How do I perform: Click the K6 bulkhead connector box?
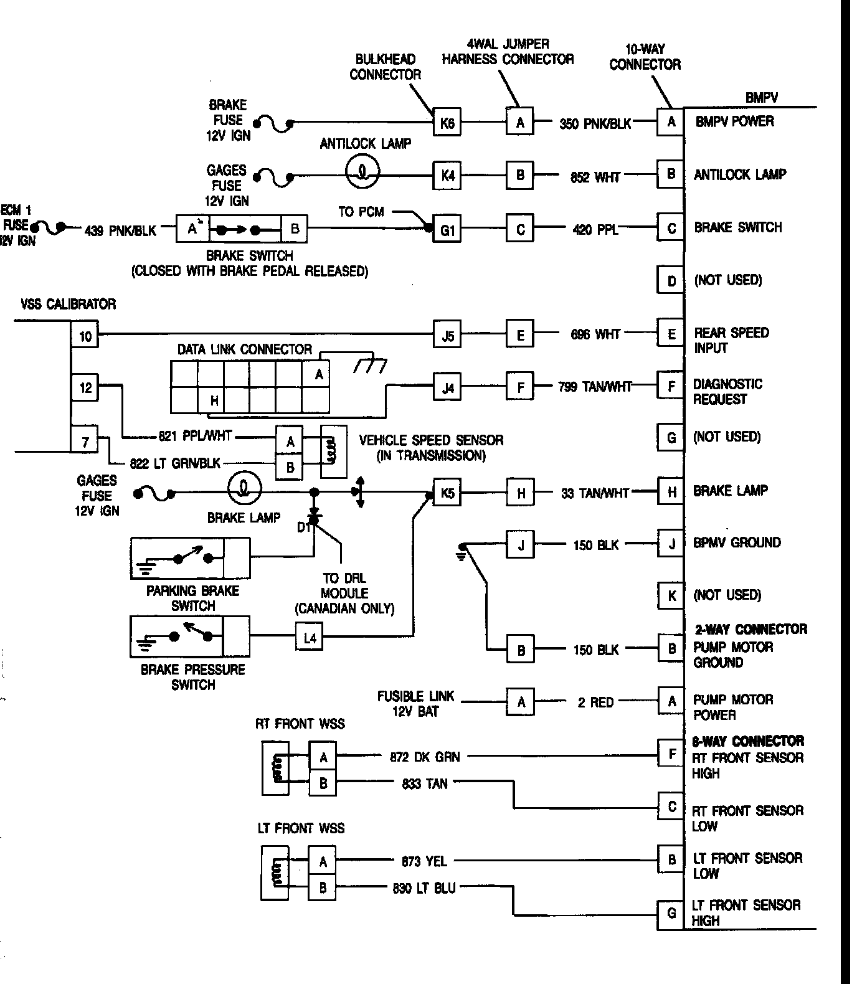tap(447, 123)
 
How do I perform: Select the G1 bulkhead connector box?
tap(447, 230)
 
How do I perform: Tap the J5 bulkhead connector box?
tap(447, 336)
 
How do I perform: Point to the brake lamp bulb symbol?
tap(244, 488)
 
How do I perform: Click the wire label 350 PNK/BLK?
tap(595, 123)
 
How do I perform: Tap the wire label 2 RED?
tap(595, 703)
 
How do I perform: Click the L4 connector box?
tap(310, 638)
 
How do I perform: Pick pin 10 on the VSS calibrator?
tap(85, 336)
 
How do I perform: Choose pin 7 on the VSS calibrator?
tap(85, 442)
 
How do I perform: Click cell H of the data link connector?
tap(214, 400)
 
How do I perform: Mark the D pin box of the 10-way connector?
tap(671, 280)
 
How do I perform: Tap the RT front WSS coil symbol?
tap(276, 768)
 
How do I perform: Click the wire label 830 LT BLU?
tap(424, 888)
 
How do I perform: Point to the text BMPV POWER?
tap(735, 121)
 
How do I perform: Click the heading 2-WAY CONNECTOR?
tap(750, 629)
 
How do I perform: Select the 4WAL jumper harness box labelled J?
tap(521, 545)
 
